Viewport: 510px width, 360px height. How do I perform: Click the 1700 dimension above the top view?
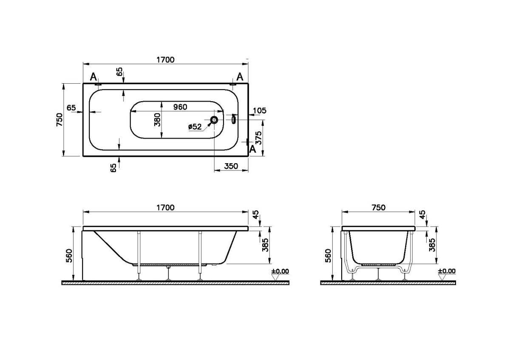click(x=166, y=60)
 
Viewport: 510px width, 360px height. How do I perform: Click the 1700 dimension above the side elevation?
click(x=166, y=207)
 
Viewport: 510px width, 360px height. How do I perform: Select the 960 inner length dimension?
click(x=180, y=107)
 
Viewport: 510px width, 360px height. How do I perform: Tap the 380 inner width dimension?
click(x=157, y=120)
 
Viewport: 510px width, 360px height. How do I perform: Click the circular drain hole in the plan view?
click(x=214, y=120)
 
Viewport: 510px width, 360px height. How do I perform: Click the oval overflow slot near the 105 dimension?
click(x=233, y=120)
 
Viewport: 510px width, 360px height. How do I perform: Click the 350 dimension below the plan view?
click(x=230, y=167)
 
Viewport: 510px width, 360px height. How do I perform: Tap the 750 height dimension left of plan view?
click(x=59, y=120)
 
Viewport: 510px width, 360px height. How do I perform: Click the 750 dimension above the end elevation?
click(x=378, y=207)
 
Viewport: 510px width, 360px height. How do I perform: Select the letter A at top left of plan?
click(x=94, y=77)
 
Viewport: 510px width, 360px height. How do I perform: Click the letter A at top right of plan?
click(x=240, y=77)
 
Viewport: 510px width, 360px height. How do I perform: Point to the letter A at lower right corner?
click(x=252, y=149)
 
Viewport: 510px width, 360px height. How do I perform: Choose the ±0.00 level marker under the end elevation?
click(x=446, y=271)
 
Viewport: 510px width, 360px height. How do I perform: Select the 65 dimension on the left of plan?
click(x=71, y=108)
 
